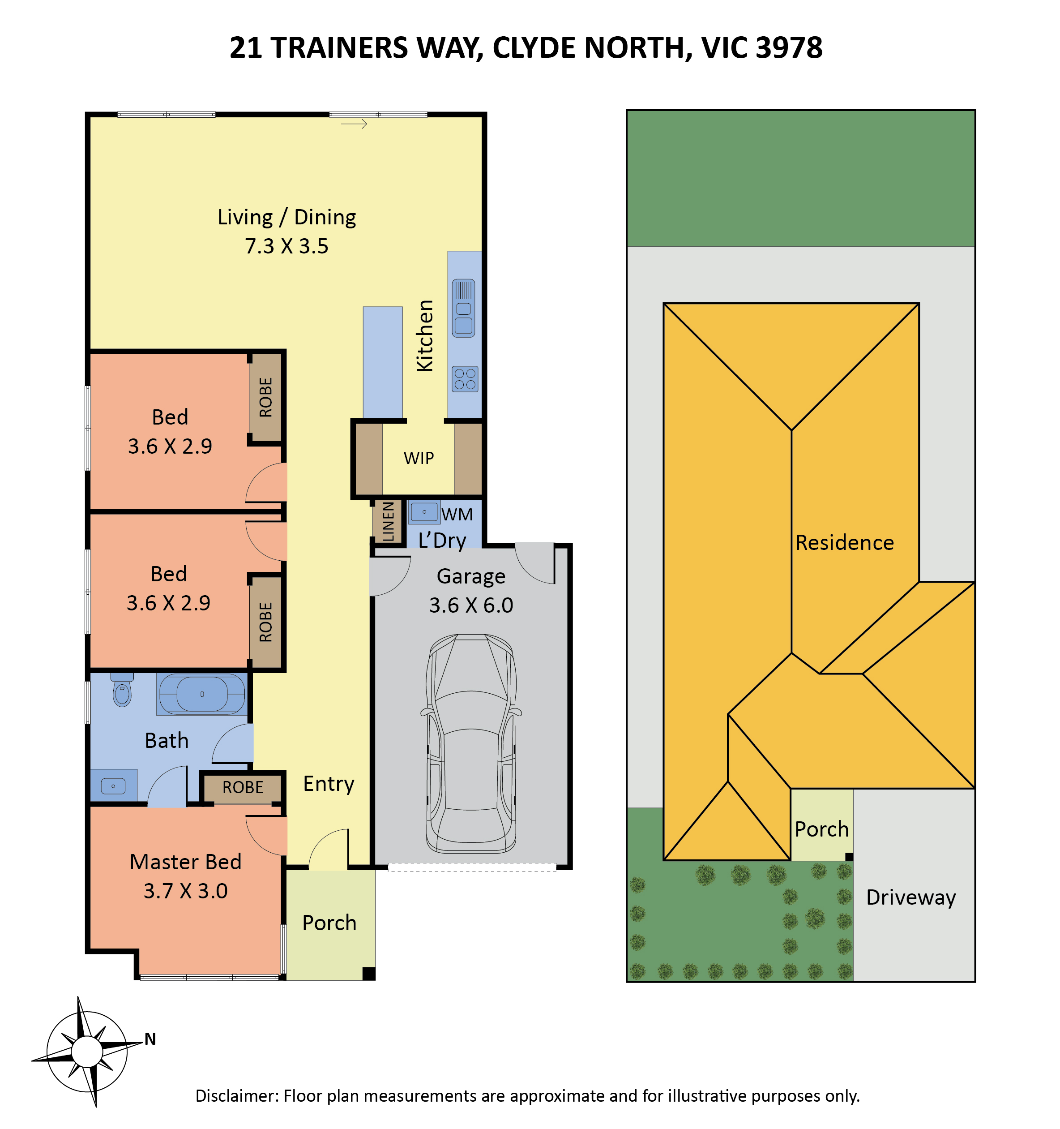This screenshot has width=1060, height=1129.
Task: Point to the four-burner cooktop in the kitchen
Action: pos(465,379)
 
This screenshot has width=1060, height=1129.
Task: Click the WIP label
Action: pos(419,458)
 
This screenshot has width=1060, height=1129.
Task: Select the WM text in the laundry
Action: pos(457,515)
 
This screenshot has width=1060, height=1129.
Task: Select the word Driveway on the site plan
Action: pos(910,898)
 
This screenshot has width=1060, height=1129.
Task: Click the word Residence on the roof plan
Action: pos(844,542)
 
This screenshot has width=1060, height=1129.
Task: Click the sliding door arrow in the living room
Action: pos(354,124)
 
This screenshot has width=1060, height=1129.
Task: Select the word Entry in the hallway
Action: pos(328,784)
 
